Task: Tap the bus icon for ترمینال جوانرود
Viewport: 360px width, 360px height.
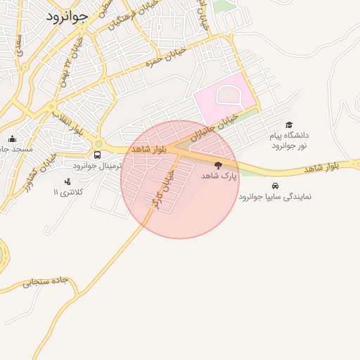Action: (97, 155)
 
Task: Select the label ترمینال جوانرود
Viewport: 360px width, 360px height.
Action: (98, 165)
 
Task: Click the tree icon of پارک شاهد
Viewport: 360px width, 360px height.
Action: (218, 165)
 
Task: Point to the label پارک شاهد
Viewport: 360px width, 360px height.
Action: (220, 175)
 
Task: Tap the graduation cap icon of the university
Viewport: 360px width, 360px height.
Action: (288, 124)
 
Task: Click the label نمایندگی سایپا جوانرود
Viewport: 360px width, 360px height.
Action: (274, 196)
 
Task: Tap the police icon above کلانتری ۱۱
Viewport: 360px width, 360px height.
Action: (67, 181)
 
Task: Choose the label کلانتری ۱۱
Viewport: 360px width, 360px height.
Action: (69, 192)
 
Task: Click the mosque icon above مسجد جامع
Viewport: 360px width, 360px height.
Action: (12, 139)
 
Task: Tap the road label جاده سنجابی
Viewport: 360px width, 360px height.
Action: (45, 283)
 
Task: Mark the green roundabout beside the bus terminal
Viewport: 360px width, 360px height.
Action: (98, 143)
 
